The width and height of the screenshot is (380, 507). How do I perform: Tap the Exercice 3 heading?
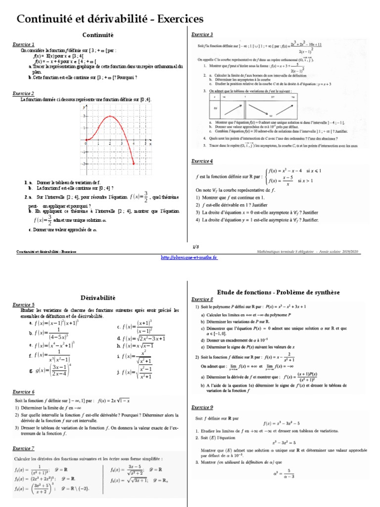pos(202,35)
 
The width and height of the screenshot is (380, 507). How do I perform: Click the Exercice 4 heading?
pos(202,161)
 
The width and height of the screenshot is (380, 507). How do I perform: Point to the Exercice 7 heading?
pos(23,449)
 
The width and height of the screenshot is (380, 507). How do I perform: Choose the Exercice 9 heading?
pos(202,407)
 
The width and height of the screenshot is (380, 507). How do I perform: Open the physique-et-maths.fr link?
pos(190,257)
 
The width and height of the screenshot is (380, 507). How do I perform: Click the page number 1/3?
pos(190,246)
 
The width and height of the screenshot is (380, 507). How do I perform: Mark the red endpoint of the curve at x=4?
pos(134,163)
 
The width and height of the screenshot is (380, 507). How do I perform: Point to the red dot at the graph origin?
pos(87,140)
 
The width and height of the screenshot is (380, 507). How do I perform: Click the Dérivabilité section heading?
pos(97,298)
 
